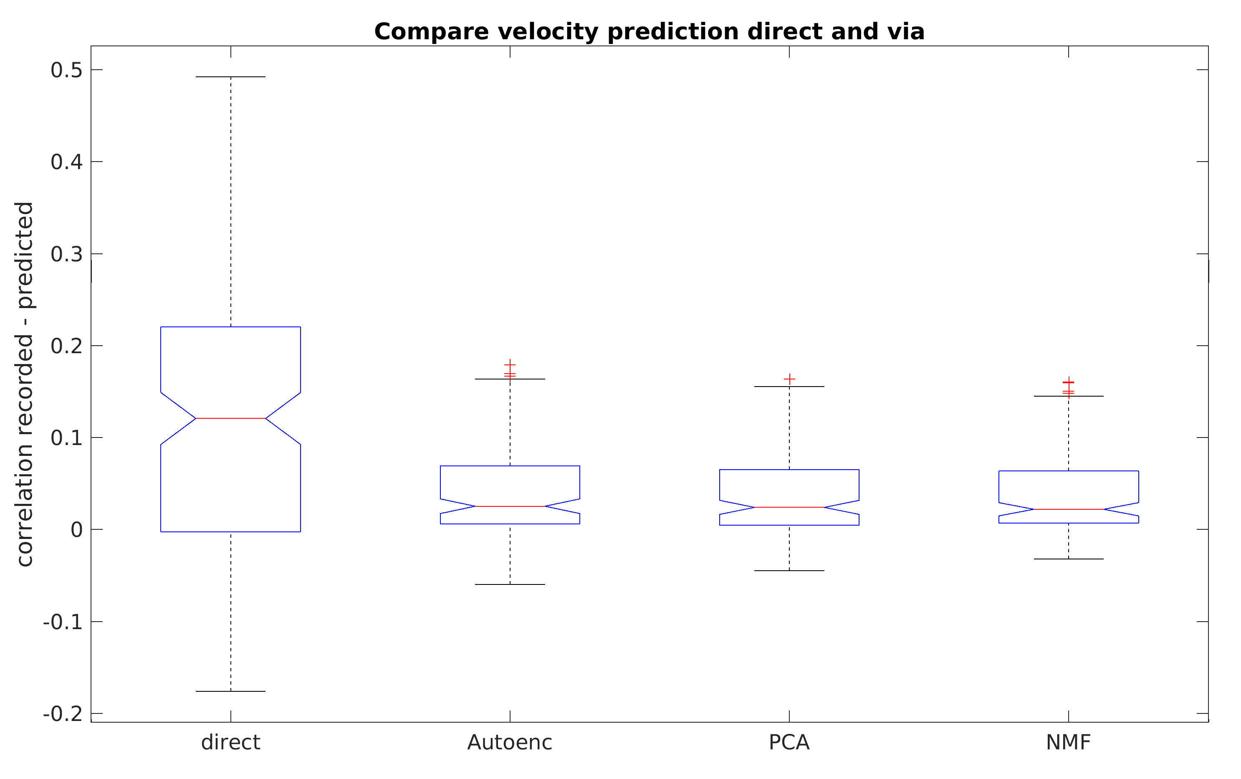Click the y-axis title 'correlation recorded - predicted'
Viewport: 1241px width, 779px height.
pos(25,384)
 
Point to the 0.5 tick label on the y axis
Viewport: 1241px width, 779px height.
pos(66,70)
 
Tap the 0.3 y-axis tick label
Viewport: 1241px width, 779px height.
pos(66,254)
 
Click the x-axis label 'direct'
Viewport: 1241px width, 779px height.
pos(230,742)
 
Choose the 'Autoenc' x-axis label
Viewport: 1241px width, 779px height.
pos(510,742)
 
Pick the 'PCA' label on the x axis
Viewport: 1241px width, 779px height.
pos(789,742)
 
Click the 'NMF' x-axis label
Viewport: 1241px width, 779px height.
pos(1068,742)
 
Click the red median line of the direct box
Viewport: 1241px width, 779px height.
pos(230,418)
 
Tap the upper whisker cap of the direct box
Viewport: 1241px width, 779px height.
pos(230,77)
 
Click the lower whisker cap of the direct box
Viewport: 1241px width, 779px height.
pos(230,691)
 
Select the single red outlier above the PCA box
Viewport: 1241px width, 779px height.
pos(789,379)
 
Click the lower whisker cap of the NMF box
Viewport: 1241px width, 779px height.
pos(1068,559)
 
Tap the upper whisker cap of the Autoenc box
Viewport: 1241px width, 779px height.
pos(510,379)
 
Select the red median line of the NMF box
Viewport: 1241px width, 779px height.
pos(1068,509)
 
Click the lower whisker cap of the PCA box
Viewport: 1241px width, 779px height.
pos(789,571)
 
